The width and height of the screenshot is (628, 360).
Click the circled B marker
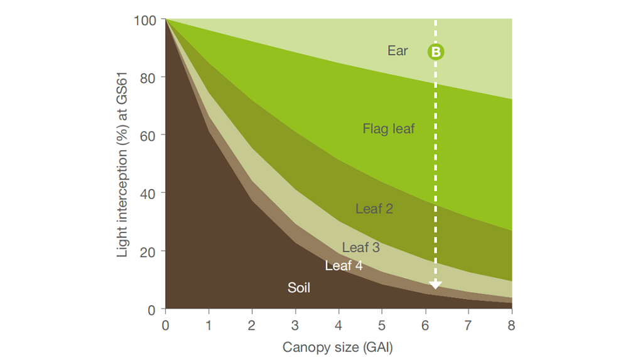pos(436,52)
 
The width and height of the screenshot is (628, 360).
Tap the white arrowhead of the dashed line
pos(436,285)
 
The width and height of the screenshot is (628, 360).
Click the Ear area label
pos(398,51)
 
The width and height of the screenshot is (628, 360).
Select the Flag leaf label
pos(389,129)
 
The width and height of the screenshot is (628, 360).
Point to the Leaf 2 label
pos(374,209)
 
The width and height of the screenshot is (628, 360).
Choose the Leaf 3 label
pos(360,248)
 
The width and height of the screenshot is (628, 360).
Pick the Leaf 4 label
pos(344,266)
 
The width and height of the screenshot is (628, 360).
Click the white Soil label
pos(299,288)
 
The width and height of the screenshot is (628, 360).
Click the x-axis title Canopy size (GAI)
pos(337,347)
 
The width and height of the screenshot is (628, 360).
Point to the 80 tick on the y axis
pos(148,77)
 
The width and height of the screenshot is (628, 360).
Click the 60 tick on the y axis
pos(148,135)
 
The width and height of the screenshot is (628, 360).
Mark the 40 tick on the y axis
pos(148,193)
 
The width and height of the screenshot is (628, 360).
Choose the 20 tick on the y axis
pos(148,251)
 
